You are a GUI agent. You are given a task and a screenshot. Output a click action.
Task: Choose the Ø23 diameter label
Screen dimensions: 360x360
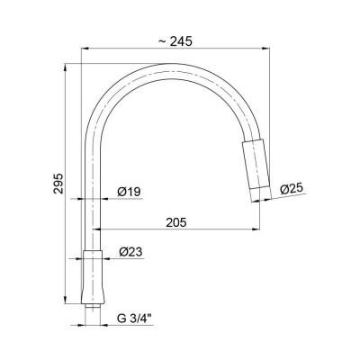point(130,253)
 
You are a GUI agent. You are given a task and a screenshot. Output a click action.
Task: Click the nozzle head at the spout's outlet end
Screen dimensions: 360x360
point(256,167)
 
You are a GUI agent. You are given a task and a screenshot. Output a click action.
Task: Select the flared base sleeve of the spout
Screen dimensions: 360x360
point(94,274)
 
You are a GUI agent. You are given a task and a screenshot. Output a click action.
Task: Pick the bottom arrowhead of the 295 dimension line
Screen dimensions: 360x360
point(67,303)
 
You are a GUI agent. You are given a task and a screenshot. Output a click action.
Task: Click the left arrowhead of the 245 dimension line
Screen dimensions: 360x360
point(84,49)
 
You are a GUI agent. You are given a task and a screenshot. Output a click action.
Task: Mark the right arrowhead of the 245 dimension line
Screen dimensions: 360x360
point(267,49)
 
